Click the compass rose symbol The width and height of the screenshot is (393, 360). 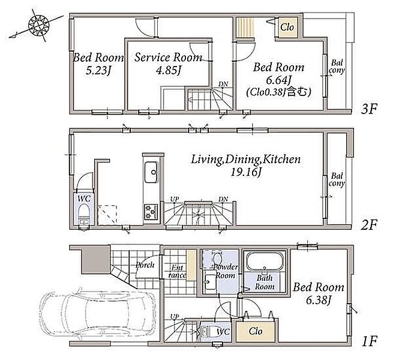pos(38,25)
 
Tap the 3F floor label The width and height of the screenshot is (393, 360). pos(368,109)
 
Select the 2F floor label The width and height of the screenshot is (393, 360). pos(368,225)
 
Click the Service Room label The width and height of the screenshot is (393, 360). pos(168,58)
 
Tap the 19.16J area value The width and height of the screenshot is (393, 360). pos(245,172)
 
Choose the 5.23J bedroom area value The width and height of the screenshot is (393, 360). pos(98,70)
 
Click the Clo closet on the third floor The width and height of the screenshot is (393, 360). pos(287,27)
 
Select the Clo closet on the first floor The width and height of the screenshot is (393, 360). pos(256,331)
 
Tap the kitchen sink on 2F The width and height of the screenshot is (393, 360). pos(151,172)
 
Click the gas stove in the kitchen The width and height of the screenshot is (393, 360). pos(151,212)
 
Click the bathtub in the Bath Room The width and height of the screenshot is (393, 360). pos(265,261)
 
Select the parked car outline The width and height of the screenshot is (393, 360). pos(98,313)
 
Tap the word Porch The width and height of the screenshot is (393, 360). pos(145,265)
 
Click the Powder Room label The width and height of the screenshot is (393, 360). pos(226,271)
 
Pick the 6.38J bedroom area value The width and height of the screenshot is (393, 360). pos(319,300)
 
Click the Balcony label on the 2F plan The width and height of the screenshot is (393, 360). pos(337,179)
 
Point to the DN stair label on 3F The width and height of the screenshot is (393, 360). pos(223,84)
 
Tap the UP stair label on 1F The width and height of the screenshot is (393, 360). pos(175,317)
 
